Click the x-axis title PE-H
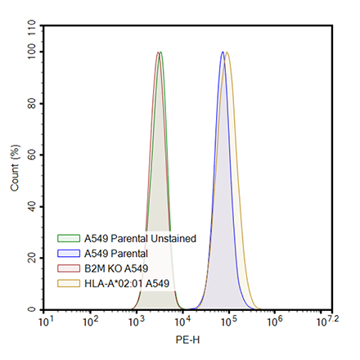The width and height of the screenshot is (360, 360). [x=187, y=338]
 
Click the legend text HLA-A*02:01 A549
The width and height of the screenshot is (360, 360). [x=127, y=282]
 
